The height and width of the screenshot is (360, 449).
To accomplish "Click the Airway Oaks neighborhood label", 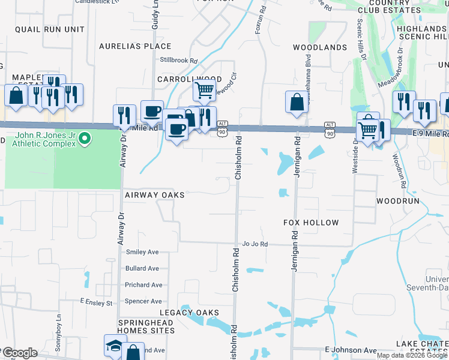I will pyautogui.click(x=154, y=195).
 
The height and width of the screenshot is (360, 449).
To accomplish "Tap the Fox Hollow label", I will pyautogui.click(x=311, y=223).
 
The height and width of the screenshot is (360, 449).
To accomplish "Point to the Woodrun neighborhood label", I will pyautogui.click(x=397, y=200).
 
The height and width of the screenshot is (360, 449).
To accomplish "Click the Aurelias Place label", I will pyautogui.click(x=135, y=46).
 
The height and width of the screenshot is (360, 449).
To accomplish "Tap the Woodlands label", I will pyautogui.click(x=320, y=47).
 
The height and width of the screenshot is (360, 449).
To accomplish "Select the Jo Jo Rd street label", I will pyautogui.click(x=255, y=244).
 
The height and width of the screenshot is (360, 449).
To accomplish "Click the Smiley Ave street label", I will pyautogui.click(x=142, y=252).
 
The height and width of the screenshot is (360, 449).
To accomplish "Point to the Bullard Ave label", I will pyautogui.click(x=142, y=268).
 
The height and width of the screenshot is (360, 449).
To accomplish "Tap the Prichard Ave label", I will pyautogui.click(x=143, y=285).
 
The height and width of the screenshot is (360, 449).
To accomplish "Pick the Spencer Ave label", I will pyautogui.click(x=143, y=301).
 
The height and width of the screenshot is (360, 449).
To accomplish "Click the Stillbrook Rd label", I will pyautogui.click(x=179, y=60).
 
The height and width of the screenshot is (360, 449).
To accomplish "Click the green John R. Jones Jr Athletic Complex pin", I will pyautogui.click(x=85, y=139).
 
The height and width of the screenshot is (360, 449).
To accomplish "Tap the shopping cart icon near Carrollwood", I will pyautogui.click(x=205, y=91).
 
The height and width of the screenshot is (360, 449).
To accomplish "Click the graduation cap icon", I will pyautogui.click(x=115, y=346).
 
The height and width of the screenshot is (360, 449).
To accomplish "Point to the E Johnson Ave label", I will pyautogui.click(x=351, y=350).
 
